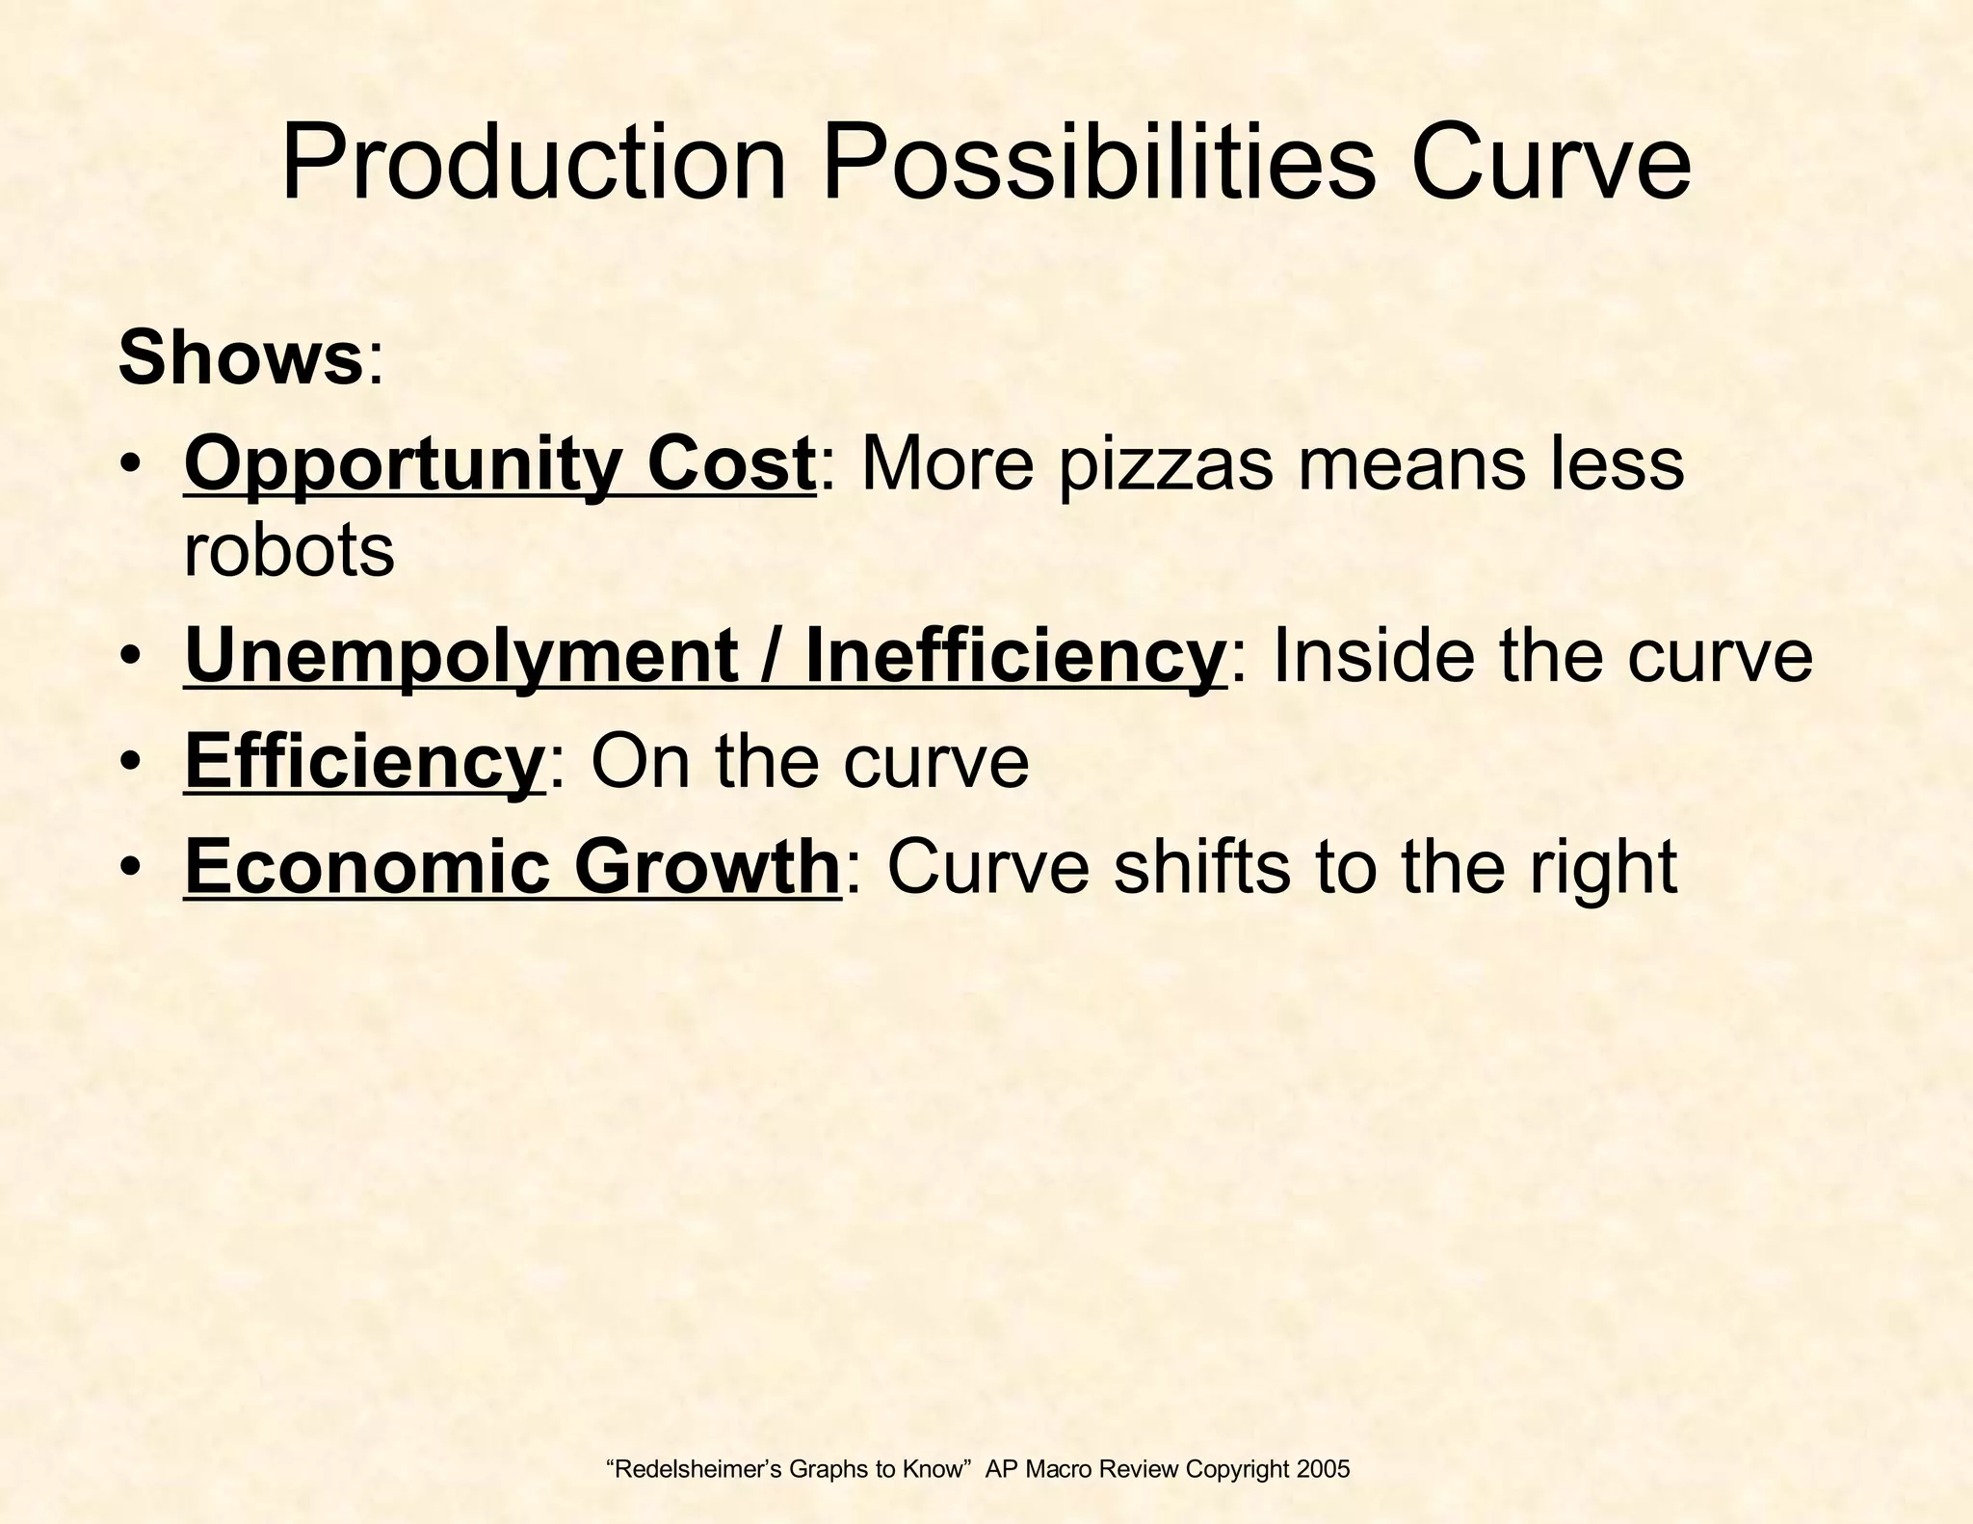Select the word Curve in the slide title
[1550, 166]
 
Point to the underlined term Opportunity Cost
[500, 464]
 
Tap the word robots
[289, 551]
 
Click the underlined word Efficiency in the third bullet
[364, 762]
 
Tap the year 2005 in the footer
[1324, 1469]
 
